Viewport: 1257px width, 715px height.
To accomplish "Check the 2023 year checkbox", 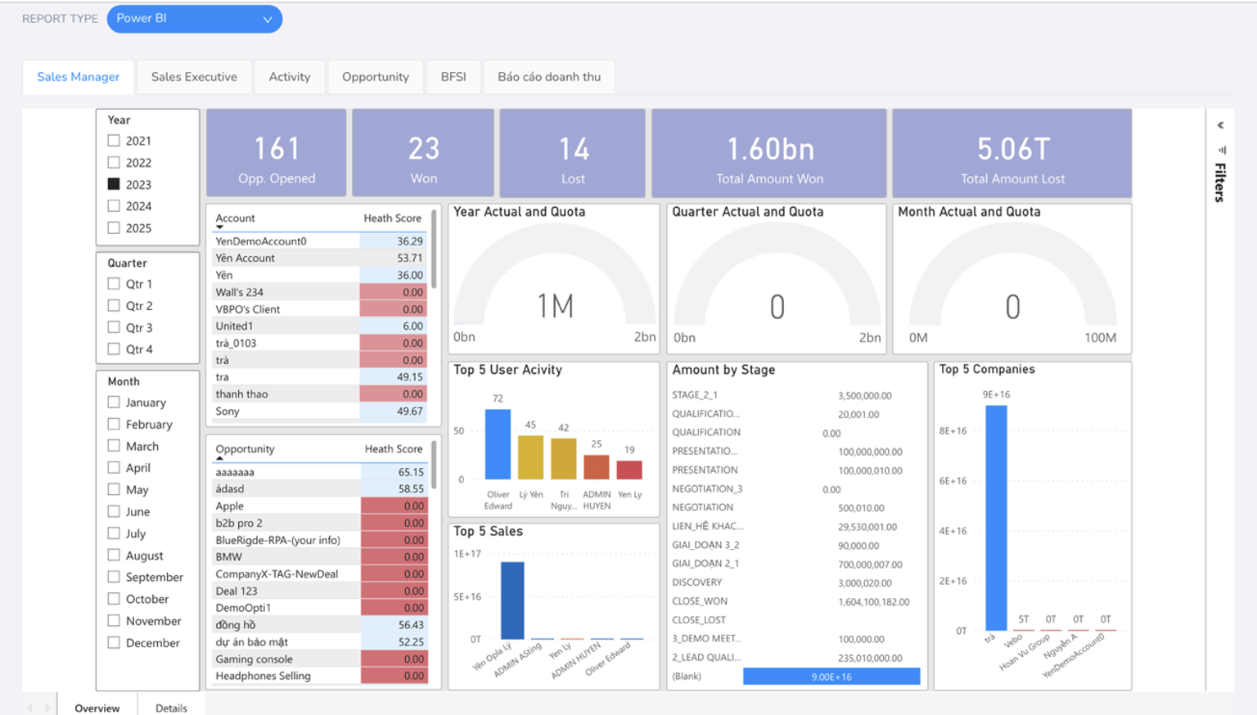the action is pos(114,184).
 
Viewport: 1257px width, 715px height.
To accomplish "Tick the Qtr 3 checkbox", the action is pos(114,327).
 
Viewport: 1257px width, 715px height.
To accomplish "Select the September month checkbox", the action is pos(114,577).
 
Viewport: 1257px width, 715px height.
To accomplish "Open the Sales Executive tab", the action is pos(194,77).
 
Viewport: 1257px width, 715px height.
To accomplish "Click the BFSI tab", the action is pos(453,77).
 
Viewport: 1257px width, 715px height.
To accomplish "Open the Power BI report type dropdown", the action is pos(194,19).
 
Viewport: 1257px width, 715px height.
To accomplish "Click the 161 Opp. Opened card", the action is pos(276,152).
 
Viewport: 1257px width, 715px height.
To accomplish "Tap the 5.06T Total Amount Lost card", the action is pos(1011,152).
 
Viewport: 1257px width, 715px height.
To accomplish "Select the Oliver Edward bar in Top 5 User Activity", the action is pos(498,444).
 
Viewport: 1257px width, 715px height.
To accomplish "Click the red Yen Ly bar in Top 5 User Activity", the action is pos(629,470).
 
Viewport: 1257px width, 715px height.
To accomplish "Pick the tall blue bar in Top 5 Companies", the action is pos(996,518).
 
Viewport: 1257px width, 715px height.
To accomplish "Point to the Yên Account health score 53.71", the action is pos(410,258).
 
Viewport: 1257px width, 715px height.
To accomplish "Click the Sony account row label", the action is pos(228,411).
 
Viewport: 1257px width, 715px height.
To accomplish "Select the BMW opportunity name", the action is pos(229,557).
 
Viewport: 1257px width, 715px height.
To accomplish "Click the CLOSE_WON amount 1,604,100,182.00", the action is pos(874,602).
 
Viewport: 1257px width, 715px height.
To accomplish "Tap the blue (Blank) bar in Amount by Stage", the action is pos(831,677).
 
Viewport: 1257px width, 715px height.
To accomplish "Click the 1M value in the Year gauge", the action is pos(555,306).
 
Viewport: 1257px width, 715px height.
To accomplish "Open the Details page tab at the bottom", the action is pos(171,708).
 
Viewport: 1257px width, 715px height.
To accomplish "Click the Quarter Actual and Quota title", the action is pos(748,211).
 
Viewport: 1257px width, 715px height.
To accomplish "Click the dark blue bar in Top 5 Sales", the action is pos(512,600).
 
